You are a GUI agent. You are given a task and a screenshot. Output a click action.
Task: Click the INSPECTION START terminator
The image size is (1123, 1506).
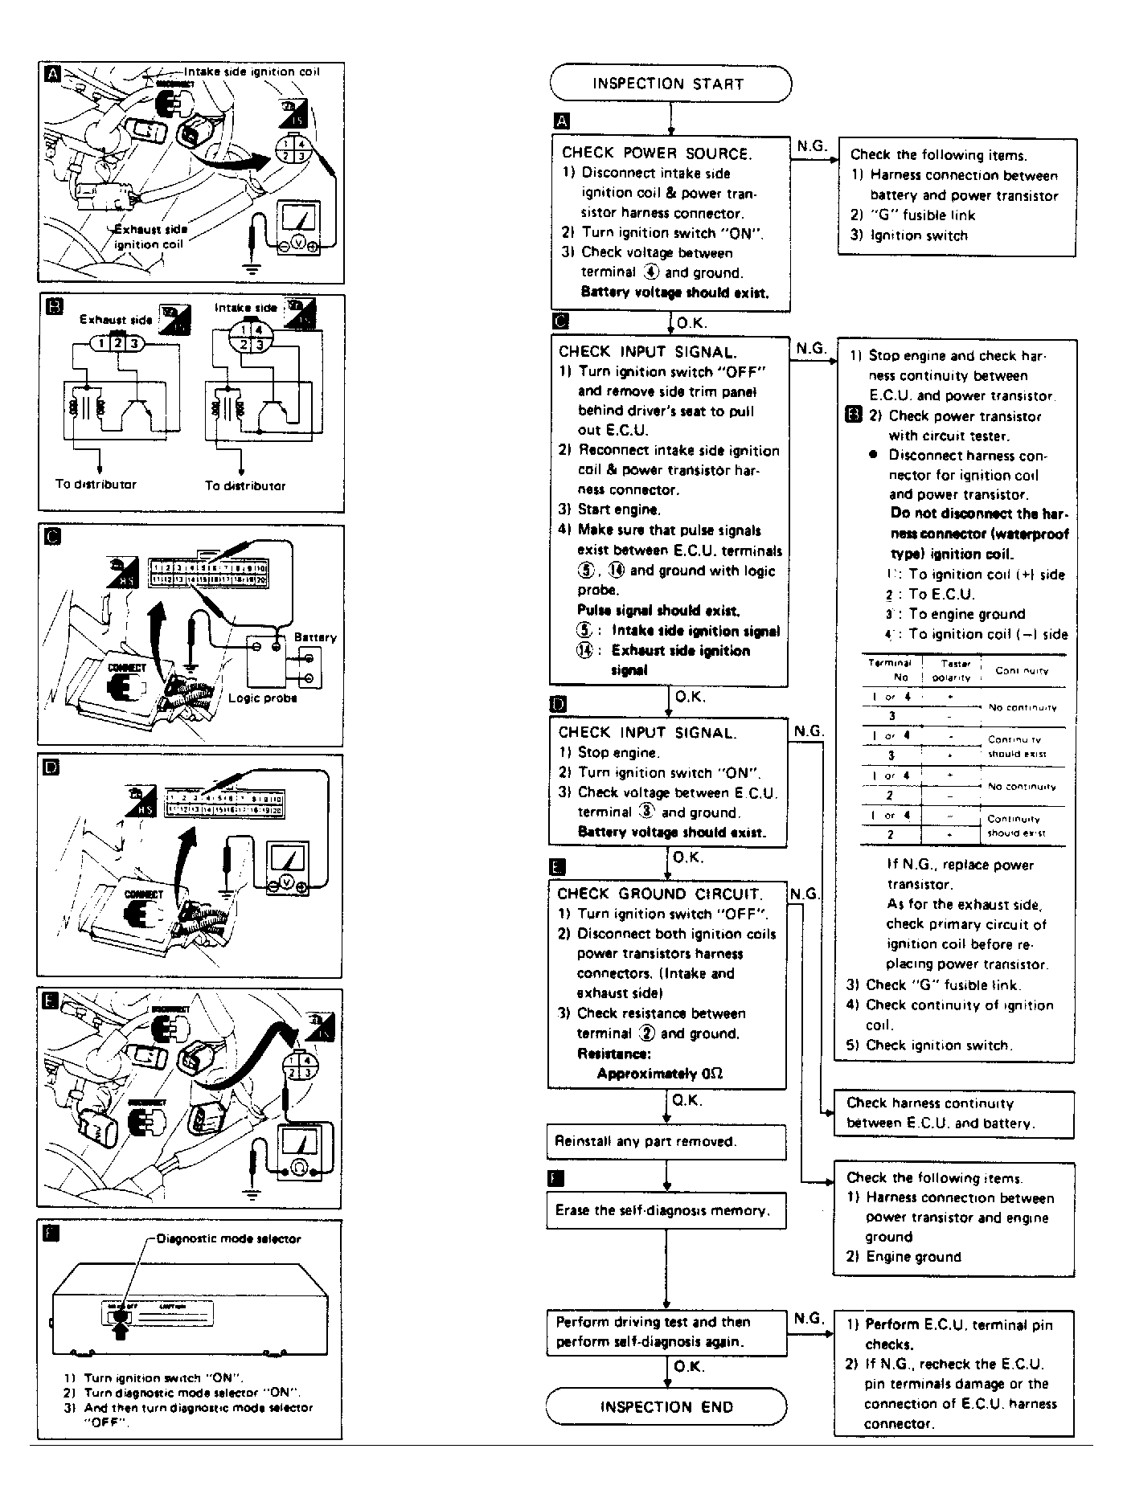[x=670, y=84]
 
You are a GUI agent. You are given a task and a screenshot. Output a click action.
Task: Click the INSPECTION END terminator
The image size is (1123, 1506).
[x=666, y=1406]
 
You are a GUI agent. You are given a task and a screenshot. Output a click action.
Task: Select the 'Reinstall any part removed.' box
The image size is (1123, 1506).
[x=666, y=1141]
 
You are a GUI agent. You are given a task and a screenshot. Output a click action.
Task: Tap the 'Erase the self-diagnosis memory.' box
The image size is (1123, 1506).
[x=666, y=1210]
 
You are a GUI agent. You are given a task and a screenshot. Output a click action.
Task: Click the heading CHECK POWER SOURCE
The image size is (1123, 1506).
[x=657, y=153]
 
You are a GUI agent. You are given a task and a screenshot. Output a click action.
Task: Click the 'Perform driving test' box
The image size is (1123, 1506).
[x=666, y=1332]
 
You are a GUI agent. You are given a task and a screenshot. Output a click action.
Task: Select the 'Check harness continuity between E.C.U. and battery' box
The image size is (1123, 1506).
[x=953, y=1113]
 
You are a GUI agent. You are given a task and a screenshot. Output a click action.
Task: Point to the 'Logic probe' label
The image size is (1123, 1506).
[x=263, y=698]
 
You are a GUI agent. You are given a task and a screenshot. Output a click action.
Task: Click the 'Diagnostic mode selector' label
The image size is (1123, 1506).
[x=229, y=1238]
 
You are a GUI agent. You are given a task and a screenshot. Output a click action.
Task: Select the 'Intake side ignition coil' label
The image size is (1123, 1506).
[x=252, y=72]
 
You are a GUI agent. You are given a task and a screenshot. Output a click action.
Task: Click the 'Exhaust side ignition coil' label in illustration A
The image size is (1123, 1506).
[x=150, y=237]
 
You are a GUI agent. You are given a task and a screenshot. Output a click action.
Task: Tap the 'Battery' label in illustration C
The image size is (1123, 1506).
[x=315, y=637]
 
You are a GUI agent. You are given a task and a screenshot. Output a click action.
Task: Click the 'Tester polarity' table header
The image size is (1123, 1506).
[x=952, y=670]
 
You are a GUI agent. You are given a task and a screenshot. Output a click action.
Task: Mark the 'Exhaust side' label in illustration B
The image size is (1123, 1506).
[x=116, y=319]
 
